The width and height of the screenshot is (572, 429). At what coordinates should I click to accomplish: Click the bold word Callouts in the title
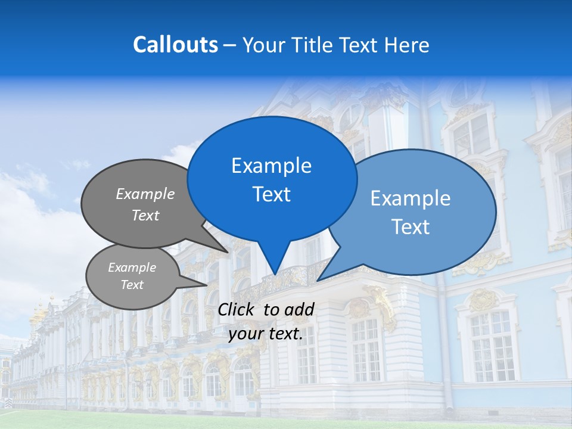click(175, 45)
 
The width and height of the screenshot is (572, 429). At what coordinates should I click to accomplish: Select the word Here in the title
click(406, 45)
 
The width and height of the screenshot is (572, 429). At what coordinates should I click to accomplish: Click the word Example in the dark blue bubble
click(271, 166)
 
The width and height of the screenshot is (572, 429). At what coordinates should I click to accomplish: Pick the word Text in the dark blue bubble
click(271, 194)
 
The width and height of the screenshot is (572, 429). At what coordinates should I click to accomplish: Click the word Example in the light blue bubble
click(411, 198)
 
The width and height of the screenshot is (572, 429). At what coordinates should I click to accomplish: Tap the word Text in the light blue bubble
click(411, 227)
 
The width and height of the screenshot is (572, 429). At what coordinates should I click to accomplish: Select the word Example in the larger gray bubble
click(145, 194)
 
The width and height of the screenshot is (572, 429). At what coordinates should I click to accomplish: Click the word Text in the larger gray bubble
click(145, 216)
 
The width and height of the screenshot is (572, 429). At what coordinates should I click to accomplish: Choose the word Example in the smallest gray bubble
click(132, 268)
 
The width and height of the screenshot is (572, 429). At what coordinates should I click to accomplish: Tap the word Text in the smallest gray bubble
click(132, 285)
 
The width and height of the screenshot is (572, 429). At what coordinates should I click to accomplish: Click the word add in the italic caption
click(300, 309)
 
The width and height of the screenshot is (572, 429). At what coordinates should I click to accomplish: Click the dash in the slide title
click(231, 45)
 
